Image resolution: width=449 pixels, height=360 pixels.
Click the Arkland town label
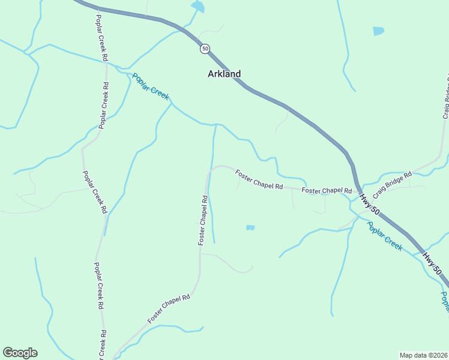(x=224, y=74)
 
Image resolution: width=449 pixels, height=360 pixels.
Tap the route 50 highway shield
(x=205, y=49)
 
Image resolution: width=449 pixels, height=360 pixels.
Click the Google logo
(x=20, y=353)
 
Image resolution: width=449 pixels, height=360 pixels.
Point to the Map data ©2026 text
(x=424, y=355)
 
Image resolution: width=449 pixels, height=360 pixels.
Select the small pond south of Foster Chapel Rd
(x=250, y=228)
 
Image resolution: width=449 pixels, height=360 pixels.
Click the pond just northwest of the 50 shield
(x=197, y=7)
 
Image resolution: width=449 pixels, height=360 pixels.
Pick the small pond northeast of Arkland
(x=378, y=31)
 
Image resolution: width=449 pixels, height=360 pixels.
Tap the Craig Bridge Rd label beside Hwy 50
(x=392, y=185)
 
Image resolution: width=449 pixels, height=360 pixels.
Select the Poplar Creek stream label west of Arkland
(x=151, y=86)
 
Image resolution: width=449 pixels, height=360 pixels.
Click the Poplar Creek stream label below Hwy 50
(x=384, y=236)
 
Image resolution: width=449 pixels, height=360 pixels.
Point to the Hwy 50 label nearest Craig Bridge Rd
(x=370, y=203)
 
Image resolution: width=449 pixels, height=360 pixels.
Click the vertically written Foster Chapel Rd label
(x=203, y=220)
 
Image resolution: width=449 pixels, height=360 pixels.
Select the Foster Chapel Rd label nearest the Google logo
(x=169, y=307)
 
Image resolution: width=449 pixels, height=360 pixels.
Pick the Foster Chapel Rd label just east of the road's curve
(x=259, y=179)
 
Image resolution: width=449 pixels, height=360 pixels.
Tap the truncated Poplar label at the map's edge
(x=445, y=302)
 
